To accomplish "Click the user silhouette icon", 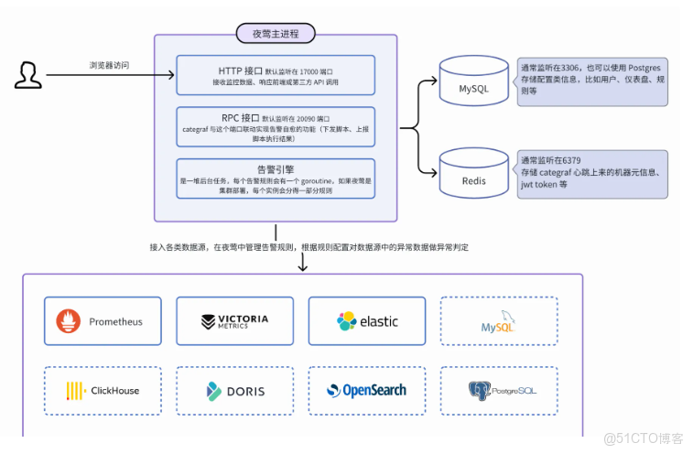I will tap(27, 74).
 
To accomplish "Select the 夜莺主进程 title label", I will tap(276, 34).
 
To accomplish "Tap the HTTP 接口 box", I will tap(276, 75).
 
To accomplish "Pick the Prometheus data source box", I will tap(103, 321).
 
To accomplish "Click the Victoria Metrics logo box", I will tap(234, 321).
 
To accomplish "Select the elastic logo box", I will tap(366, 321).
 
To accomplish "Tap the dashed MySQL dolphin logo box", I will tap(498, 321).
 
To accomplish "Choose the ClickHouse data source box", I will tap(103, 391).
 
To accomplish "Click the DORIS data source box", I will tap(234, 391).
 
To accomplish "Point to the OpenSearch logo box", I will tap(366, 391).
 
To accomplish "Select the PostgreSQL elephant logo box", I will tap(498, 391).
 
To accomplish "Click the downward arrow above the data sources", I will tap(302, 263).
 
